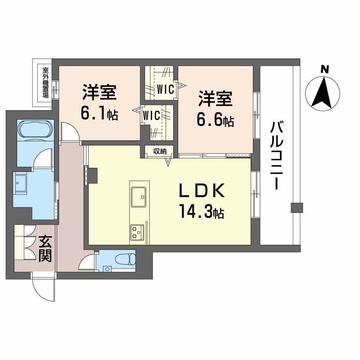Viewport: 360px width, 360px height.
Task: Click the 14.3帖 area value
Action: pyautogui.click(x=202, y=212)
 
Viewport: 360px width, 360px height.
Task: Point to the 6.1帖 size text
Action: pyautogui.click(x=99, y=114)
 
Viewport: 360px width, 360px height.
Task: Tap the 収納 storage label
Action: pyautogui.click(x=160, y=152)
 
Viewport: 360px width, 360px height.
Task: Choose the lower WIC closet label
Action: pyautogui.click(x=151, y=115)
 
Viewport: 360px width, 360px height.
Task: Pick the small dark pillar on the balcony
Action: pyautogui.click(x=296, y=208)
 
